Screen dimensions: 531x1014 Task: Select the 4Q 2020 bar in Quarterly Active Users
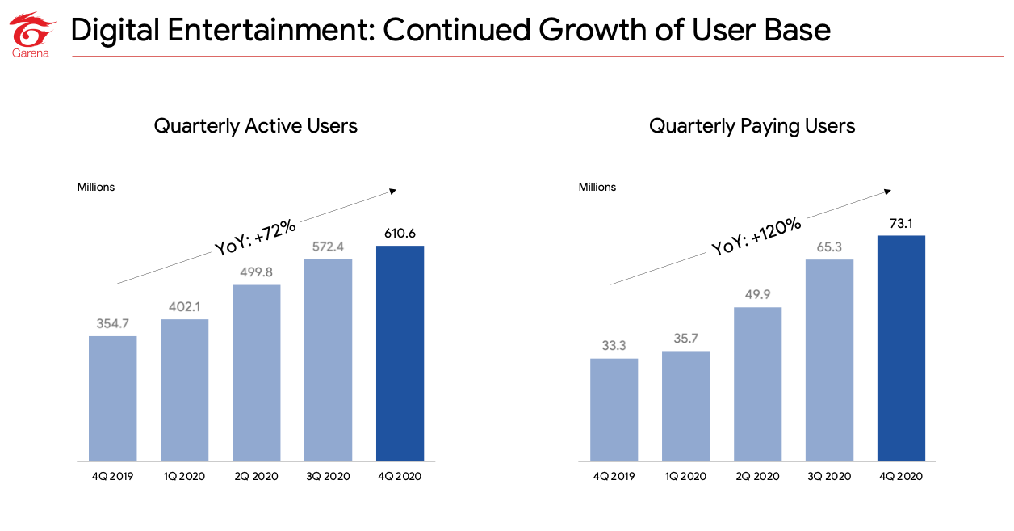(400, 353)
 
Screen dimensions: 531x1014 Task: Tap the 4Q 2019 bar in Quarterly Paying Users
(614, 410)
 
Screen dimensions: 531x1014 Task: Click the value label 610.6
(400, 234)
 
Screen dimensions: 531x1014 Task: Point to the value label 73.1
(901, 224)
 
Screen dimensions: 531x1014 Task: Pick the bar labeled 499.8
(256, 373)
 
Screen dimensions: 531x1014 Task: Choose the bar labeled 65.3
(829, 360)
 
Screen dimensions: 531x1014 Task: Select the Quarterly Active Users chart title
(255, 126)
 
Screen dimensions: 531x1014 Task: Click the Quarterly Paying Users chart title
(752, 126)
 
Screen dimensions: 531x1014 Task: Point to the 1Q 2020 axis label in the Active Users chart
(184, 476)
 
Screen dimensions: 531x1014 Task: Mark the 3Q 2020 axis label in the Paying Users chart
(829, 476)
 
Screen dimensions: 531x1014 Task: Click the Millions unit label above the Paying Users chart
(597, 187)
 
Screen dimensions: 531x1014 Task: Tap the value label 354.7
(112, 323)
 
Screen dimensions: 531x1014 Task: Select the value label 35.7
(685, 339)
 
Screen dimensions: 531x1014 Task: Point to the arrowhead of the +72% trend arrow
(393, 191)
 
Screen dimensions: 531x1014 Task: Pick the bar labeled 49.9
(757, 384)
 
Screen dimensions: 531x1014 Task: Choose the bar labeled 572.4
(328, 360)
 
